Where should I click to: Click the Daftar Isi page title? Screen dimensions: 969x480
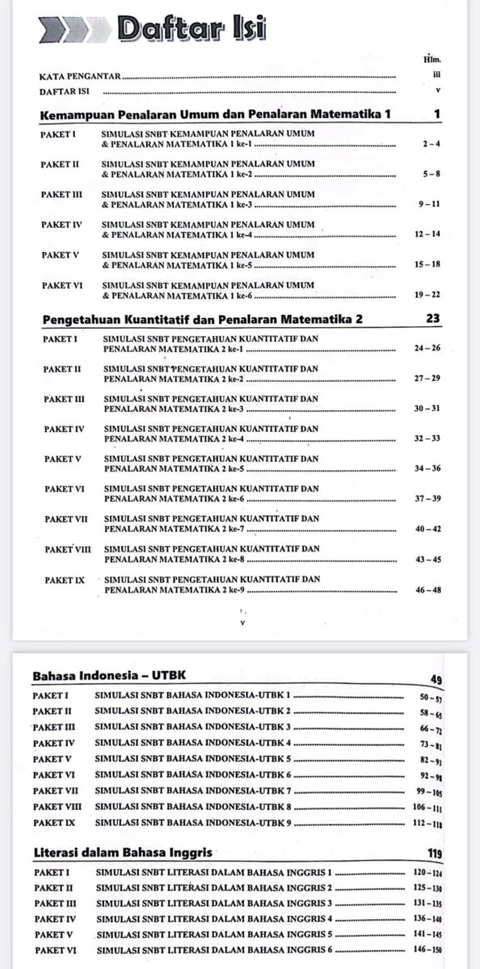[192, 29]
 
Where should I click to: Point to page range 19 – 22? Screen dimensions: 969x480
[427, 296]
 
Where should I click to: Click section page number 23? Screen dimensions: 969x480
[432, 318]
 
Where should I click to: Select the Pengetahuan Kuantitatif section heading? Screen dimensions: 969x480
[201, 319]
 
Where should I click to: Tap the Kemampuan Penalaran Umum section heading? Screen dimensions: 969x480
[215, 115]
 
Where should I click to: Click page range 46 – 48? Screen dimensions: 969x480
[427, 590]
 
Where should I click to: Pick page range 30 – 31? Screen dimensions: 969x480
[427, 409]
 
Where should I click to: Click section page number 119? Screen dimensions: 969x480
[435, 853]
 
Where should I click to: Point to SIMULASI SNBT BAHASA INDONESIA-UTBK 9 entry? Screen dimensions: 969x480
[193, 822]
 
